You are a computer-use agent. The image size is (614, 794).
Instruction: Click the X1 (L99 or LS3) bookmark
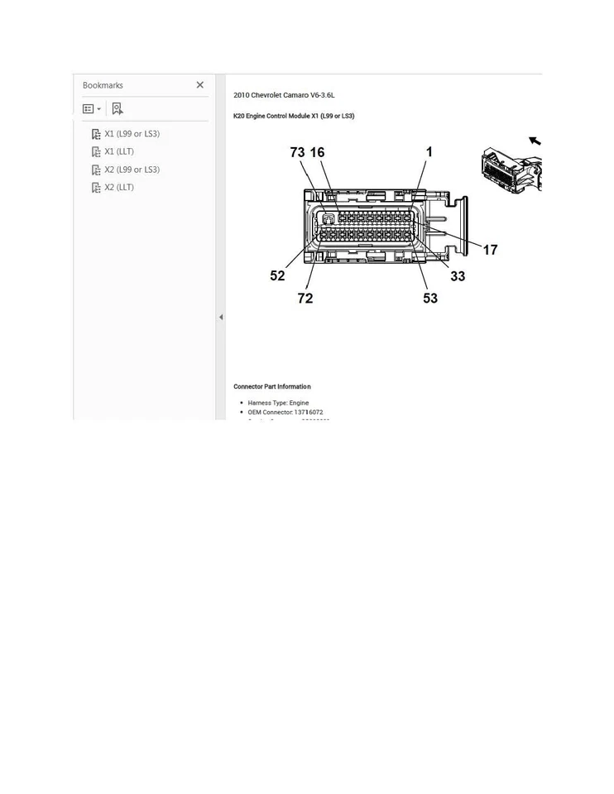(132, 134)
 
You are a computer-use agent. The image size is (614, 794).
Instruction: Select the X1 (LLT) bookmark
(118, 152)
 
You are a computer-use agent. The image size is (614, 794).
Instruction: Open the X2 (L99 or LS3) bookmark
(132, 170)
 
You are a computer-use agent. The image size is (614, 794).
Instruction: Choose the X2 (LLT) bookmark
(118, 188)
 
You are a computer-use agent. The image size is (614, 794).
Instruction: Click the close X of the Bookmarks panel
(199, 85)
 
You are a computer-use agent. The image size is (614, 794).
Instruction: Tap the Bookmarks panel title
(103, 86)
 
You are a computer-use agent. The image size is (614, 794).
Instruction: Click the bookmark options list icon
(91, 109)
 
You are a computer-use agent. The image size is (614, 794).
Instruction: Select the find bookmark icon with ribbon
(117, 109)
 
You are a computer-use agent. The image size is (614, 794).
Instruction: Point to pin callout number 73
(297, 153)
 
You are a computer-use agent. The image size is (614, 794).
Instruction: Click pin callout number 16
(317, 153)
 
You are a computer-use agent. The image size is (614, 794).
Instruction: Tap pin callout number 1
(429, 152)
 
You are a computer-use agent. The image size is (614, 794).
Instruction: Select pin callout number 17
(490, 250)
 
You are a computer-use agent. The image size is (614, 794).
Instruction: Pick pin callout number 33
(458, 276)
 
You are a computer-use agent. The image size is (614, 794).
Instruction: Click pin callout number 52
(277, 276)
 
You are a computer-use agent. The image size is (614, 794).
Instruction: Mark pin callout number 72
(305, 299)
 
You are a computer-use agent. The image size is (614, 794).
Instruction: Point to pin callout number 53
(430, 299)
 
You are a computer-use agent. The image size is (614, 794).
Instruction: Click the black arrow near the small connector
(535, 141)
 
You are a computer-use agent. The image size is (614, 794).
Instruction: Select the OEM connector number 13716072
(309, 412)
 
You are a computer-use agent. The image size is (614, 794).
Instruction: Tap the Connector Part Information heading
(272, 387)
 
